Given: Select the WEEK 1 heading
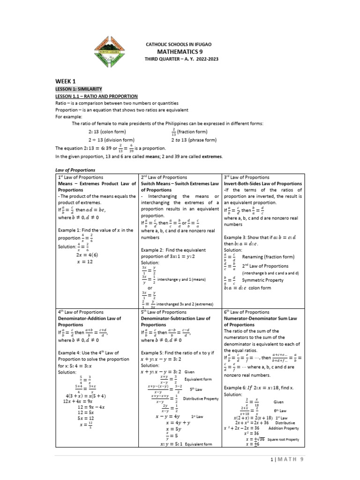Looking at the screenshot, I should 66,81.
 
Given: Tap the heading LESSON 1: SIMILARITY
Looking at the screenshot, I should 79,89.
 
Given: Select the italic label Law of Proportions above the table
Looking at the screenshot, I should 75,169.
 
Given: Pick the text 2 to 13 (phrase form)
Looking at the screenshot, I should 194,140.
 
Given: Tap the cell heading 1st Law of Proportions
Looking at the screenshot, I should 81,178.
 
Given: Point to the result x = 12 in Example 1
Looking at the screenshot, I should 85,262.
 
